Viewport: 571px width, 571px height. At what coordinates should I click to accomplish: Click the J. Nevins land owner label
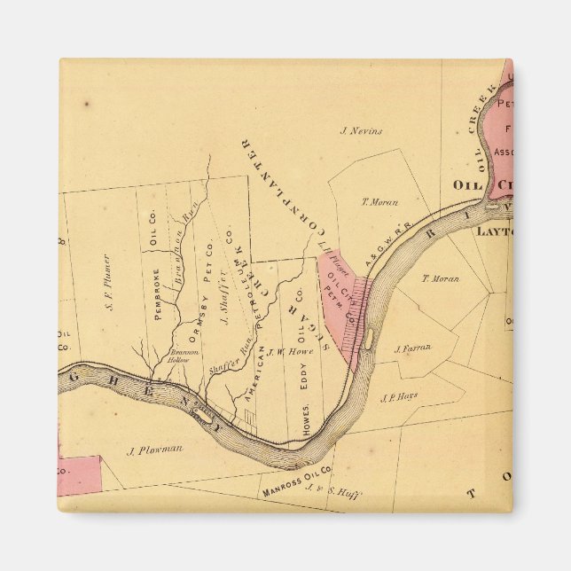click(362, 131)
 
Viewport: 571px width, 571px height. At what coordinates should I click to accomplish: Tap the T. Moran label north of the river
click(379, 202)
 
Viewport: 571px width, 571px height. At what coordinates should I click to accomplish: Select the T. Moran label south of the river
click(440, 278)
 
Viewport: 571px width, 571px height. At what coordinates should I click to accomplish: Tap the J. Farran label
click(412, 348)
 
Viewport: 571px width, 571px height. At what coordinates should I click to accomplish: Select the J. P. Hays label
click(398, 397)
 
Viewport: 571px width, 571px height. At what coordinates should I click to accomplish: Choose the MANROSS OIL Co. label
click(296, 480)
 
